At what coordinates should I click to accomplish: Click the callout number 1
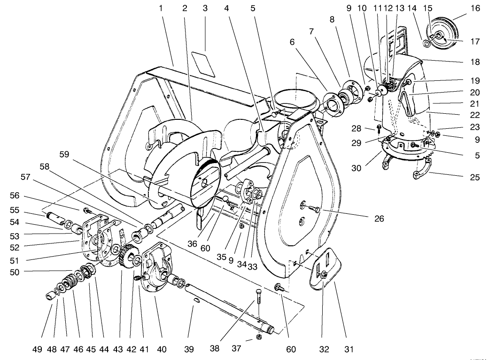[x=161, y=8]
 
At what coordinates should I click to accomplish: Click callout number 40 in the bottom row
[x=161, y=349]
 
